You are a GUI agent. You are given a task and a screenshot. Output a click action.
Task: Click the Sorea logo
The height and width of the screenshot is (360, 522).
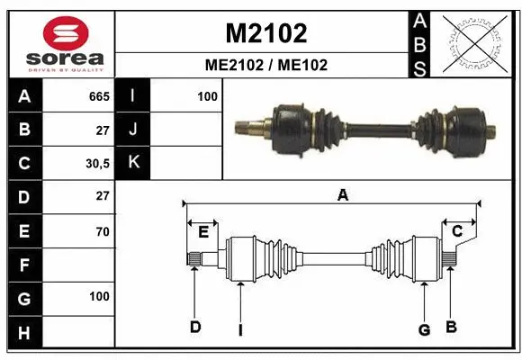point(60,42)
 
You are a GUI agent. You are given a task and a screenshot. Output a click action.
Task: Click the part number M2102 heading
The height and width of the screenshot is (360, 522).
point(265,33)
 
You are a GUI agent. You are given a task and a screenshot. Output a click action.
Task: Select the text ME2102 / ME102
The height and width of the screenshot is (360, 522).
point(265,65)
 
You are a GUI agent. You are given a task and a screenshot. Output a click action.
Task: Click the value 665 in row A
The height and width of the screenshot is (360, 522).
point(99,96)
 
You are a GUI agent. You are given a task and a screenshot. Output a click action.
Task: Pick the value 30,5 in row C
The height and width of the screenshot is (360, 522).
point(97,164)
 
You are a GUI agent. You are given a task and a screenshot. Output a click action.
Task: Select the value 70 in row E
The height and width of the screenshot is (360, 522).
point(102,231)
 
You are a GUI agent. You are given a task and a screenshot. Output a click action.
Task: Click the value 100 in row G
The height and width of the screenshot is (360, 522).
point(99,296)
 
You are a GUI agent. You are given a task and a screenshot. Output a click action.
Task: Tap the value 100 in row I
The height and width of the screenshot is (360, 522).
point(207,96)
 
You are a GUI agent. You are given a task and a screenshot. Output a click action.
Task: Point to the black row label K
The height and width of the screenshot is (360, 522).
point(133,163)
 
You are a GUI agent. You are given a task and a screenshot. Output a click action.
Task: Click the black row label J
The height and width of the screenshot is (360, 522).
point(133,130)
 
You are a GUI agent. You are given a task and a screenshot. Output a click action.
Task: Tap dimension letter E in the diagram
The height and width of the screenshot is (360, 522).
point(203,232)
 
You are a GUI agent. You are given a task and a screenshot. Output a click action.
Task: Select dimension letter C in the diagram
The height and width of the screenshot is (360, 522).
point(456,232)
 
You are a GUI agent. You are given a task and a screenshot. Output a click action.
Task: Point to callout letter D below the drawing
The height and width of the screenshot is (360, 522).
point(194,327)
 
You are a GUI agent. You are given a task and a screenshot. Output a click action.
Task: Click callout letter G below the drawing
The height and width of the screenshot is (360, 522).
point(424,329)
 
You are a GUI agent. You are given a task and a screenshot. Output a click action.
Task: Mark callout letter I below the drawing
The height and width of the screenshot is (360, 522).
point(240,329)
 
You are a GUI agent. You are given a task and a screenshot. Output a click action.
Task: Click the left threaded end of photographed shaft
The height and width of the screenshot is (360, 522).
point(245,126)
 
